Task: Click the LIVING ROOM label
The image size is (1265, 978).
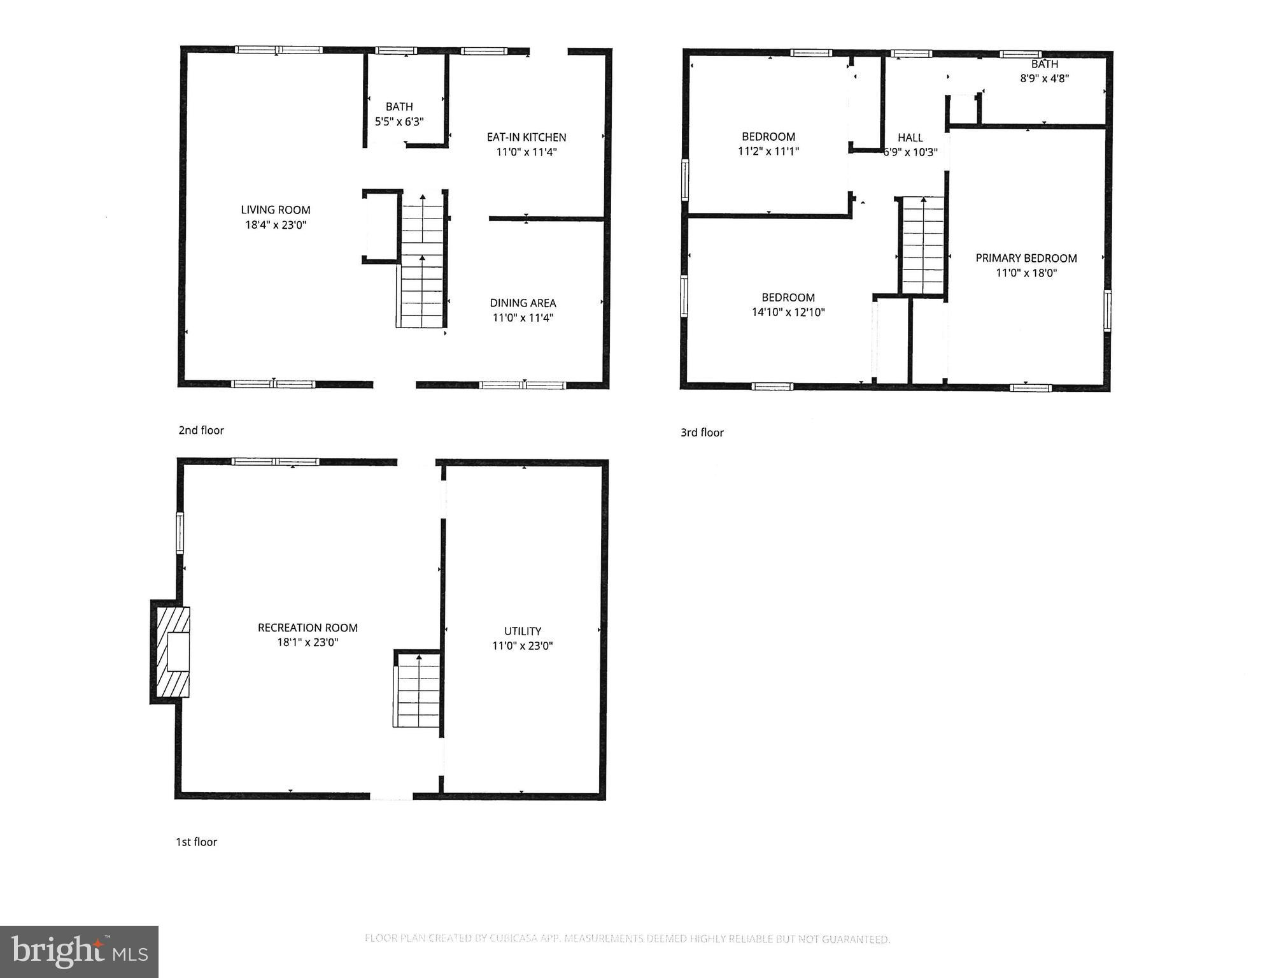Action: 276,210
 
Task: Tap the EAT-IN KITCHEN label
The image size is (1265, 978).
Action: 526,137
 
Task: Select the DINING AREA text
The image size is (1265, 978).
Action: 523,303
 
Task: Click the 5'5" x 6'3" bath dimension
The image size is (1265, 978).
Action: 399,122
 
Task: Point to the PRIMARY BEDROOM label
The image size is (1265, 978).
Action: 1026,258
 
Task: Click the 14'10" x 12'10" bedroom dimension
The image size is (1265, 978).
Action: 788,312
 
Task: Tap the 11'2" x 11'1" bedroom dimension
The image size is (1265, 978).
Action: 768,151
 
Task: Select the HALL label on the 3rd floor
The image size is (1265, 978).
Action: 910,138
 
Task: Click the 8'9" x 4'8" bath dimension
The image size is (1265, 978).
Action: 1044,78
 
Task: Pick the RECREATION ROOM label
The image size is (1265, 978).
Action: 307,628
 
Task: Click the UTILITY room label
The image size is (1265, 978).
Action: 523,631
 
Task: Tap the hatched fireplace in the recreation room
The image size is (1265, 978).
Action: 171,652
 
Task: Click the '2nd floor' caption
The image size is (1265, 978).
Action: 201,430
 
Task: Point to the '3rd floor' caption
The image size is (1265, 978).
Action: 702,433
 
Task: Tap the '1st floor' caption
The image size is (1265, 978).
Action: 197,842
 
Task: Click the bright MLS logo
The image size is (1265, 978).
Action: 79,952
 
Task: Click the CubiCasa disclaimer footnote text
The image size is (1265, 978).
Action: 627,938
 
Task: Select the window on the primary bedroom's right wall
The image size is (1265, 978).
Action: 1108,310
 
